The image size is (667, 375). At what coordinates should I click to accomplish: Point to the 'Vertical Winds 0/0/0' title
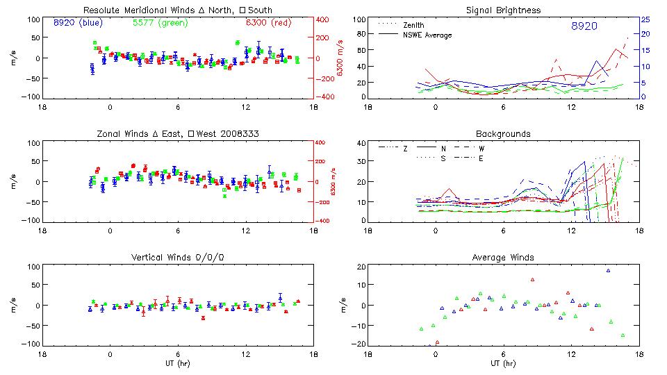pos(178,258)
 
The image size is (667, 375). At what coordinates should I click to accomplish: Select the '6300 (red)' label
pos(267,23)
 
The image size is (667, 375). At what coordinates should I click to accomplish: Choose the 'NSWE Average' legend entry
pos(427,35)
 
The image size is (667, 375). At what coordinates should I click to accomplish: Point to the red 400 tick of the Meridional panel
pos(324,19)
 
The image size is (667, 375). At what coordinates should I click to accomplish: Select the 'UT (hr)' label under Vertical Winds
pos(178,362)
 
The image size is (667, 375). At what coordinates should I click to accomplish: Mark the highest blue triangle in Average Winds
pos(608,271)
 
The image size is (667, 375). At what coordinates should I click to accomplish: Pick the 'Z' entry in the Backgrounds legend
pos(405,149)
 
